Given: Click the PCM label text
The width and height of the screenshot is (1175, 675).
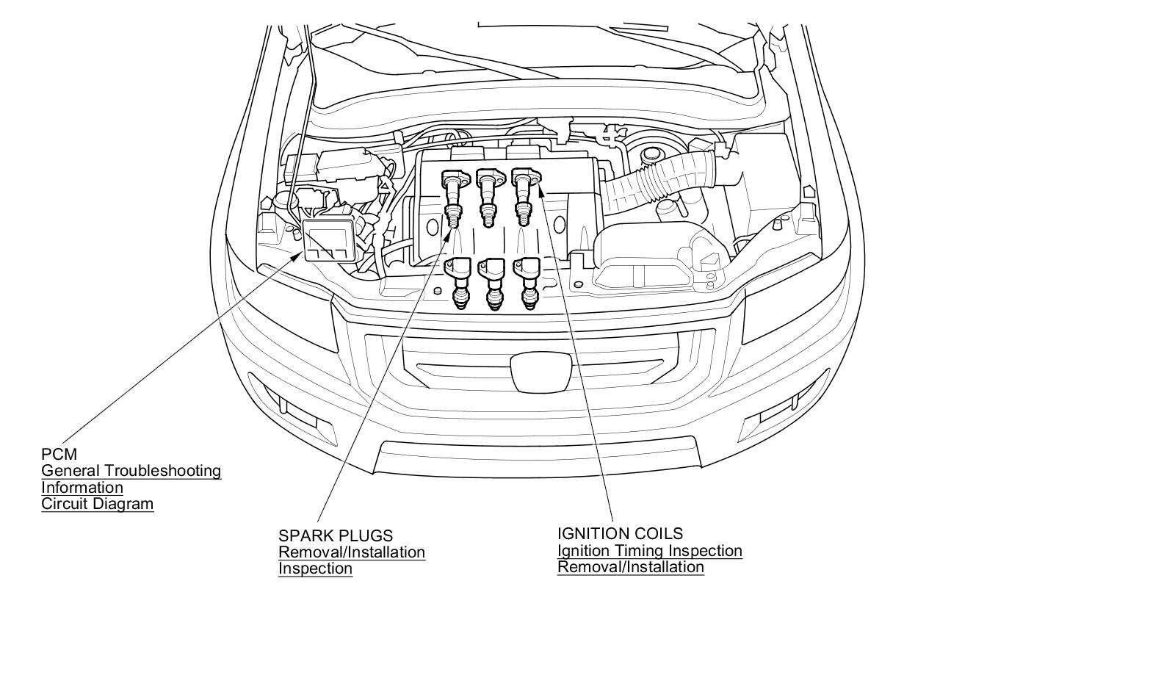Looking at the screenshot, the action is click(59, 454).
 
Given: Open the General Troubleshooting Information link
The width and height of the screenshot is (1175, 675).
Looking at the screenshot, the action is click(131, 479).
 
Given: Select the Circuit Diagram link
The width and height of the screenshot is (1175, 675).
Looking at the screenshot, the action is click(98, 504).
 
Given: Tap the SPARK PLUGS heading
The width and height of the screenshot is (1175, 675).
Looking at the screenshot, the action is click(336, 535).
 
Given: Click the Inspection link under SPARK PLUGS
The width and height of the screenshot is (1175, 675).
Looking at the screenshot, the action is click(315, 568).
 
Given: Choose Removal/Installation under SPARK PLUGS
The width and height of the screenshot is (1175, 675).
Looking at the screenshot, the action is click(352, 552).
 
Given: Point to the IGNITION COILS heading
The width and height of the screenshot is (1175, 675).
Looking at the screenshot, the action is click(620, 533).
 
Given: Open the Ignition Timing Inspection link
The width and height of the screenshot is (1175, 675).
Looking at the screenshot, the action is click(650, 551).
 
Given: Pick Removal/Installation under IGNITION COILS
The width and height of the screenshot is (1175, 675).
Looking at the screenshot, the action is click(631, 567).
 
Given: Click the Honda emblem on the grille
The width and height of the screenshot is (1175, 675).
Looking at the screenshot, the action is click(541, 372).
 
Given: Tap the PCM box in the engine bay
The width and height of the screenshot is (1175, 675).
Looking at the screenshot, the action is click(330, 241).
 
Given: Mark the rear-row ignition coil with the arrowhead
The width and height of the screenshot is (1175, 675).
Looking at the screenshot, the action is click(524, 197).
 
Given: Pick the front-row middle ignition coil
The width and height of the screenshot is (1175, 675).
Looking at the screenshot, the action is click(493, 284).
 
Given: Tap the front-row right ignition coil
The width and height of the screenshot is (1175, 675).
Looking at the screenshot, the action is click(528, 284).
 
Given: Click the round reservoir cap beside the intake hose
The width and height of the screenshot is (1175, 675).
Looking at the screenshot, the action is click(651, 154).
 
